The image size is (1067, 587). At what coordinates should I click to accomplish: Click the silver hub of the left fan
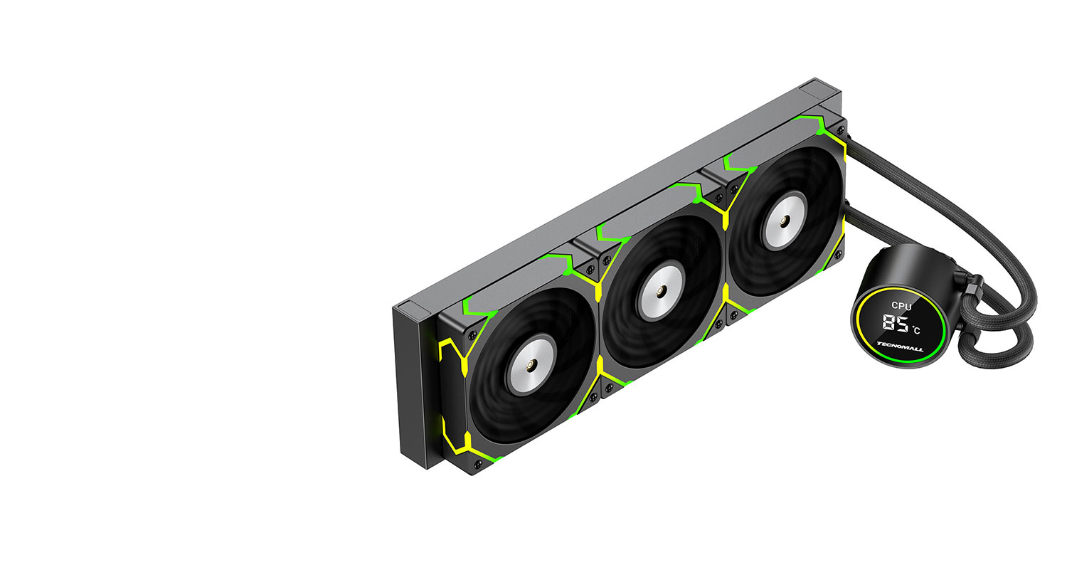pos(531,364)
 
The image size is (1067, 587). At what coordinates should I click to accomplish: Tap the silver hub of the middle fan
pos(660,292)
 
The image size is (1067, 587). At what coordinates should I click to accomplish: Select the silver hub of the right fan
pos(784,220)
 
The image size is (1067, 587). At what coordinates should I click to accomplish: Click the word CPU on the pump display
pos(901,306)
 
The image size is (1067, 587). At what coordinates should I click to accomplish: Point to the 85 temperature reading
pos(895,323)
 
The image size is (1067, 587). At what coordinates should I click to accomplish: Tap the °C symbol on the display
pos(916,329)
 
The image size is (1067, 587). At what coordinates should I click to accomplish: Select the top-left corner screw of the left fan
pos(472,334)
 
